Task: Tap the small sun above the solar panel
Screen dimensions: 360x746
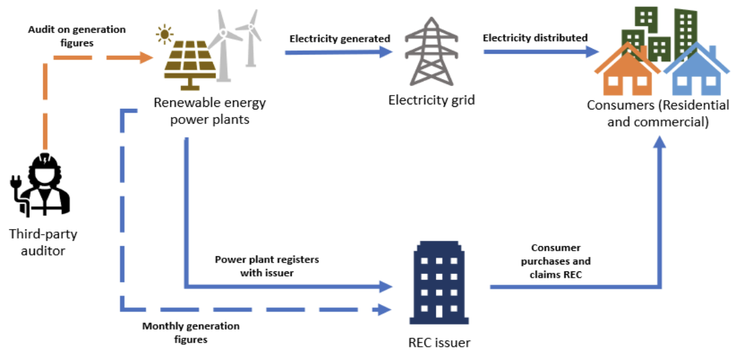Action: tap(165, 32)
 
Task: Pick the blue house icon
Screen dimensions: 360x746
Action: tap(695, 70)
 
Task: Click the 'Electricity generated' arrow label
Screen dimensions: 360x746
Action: tap(340, 39)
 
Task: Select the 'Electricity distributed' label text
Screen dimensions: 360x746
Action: tap(535, 38)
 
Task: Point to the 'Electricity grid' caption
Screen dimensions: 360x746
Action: tap(432, 100)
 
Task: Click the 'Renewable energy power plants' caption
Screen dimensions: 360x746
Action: tap(210, 111)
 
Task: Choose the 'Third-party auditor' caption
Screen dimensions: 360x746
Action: tap(43, 242)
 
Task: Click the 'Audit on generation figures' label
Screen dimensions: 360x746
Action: tap(77, 36)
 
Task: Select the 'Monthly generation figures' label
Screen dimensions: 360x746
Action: tap(190, 333)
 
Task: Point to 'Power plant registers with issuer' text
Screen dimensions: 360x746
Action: tap(266, 266)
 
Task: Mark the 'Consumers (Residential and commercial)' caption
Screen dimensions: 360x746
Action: tap(658, 113)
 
